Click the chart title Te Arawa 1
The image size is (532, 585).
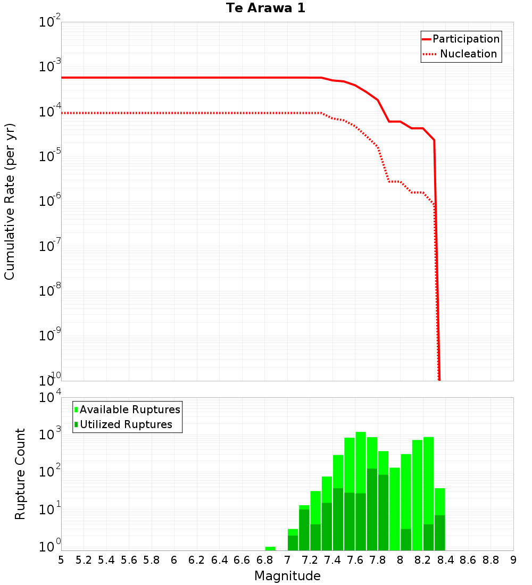click(265, 9)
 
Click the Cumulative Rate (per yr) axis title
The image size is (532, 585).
click(10, 202)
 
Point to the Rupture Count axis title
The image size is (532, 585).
click(20, 474)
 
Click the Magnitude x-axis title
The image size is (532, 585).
click(287, 576)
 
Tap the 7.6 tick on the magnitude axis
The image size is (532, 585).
click(355, 560)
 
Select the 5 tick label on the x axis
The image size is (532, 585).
click(61, 560)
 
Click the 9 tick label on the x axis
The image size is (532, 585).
click(513, 560)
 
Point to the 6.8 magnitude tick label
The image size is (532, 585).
click(264, 560)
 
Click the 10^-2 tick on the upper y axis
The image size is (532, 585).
click(50, 22)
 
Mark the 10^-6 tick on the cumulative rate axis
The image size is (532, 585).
click(50, 202)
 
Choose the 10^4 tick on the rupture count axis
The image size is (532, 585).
click(50, 398)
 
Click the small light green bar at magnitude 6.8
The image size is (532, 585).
click(270, 548)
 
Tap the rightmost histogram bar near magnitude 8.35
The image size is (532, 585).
click(439, 519)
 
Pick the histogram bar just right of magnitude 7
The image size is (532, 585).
click(293, 540)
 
